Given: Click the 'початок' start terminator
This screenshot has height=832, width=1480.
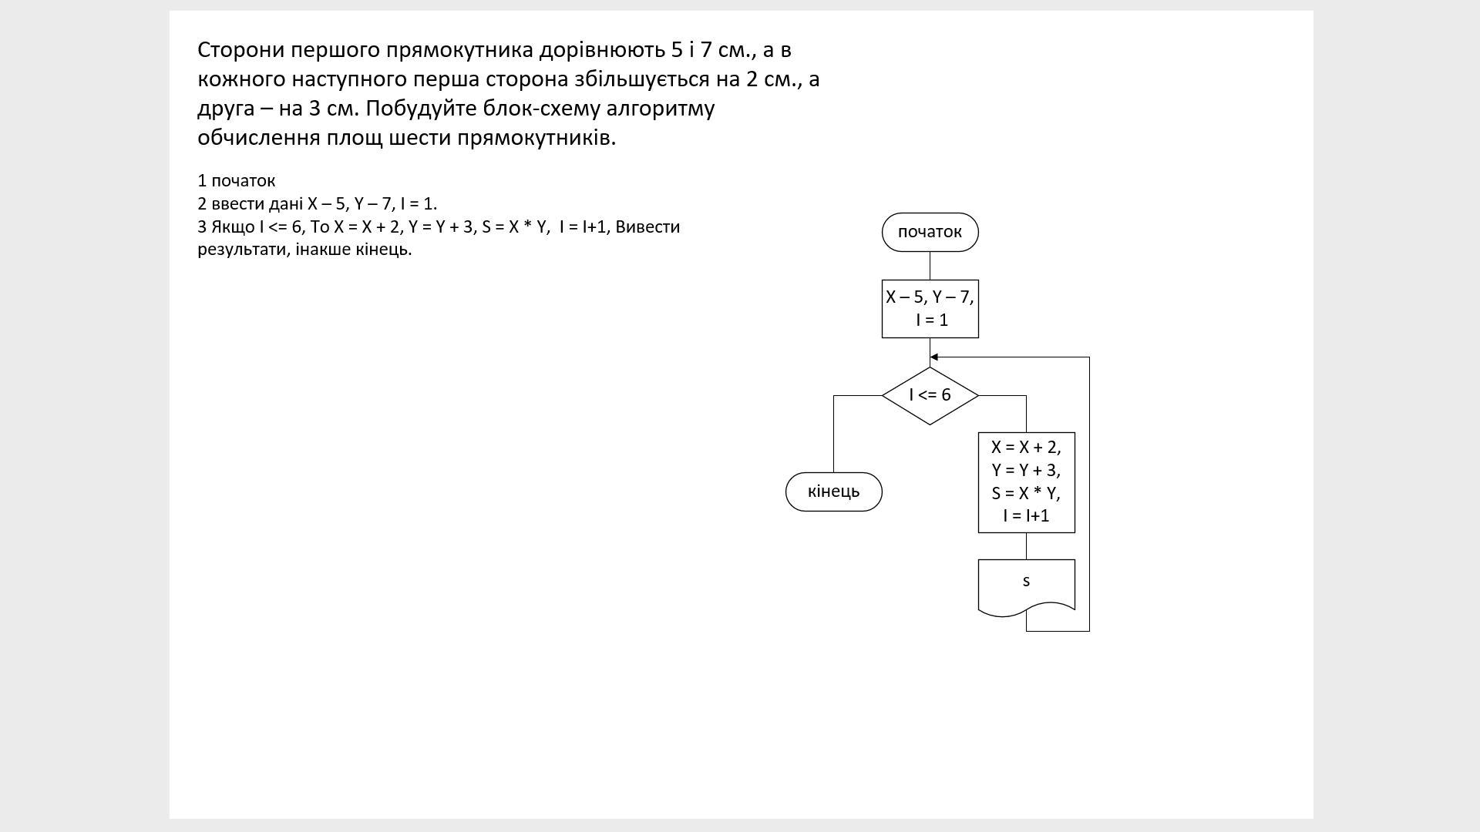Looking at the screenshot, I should (x=930, y=232).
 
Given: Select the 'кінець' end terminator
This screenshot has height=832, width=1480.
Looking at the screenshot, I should (x=833, y=491).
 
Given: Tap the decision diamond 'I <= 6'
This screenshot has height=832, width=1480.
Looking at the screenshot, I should (x=930, y=395).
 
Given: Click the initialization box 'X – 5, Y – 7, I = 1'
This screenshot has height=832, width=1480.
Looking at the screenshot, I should (x=930, y=308).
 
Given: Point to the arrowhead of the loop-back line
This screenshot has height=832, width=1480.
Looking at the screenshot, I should (x=934, y=357).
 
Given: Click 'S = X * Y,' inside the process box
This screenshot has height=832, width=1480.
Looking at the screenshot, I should (x=1026, y=493).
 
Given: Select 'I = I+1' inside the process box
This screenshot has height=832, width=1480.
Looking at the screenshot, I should (x=1026, y=516).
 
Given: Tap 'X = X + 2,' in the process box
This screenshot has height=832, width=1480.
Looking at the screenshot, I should (x=1026, y=448).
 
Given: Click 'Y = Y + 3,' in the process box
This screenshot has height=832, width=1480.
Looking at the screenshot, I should (x=1026, y=470).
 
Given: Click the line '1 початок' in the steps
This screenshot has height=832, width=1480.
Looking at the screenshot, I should (x=236, y=181).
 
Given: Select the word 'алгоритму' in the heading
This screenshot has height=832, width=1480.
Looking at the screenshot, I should (x=661, y=109).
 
